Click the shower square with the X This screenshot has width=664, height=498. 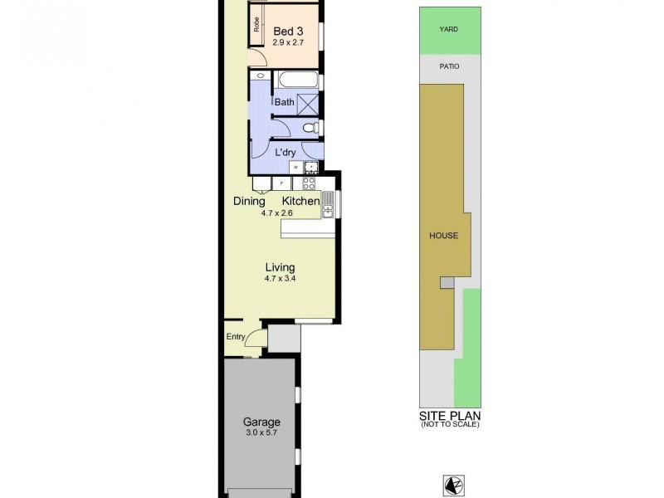[x=308, y=104]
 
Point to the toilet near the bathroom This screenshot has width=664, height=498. [x=309, y=128]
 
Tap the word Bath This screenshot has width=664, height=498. [x=285, y=102]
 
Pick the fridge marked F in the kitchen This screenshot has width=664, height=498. [x=282, y=183]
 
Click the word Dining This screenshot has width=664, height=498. [x=249, y=202]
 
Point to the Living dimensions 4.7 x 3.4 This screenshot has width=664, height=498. [x=280, y=279]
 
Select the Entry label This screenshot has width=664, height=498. [x=236, y=336]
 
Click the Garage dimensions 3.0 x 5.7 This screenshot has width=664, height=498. [x=261, y=432]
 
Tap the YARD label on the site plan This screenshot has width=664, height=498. [x=448, y=29]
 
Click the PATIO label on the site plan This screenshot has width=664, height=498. [x=448, y=66]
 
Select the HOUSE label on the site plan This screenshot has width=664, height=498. [x=443, y=235]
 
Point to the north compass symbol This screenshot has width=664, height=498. [x=451, y=484]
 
